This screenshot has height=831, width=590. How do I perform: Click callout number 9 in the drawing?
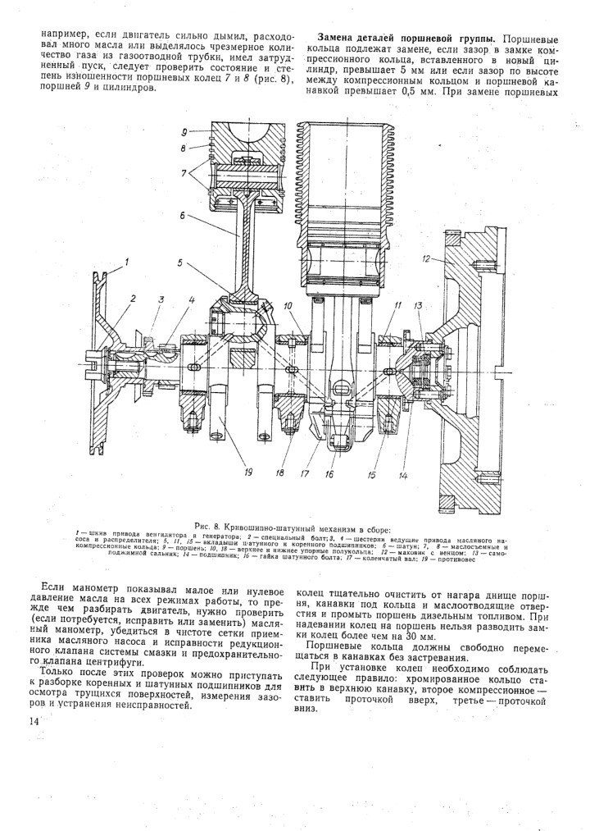[185, 131]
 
